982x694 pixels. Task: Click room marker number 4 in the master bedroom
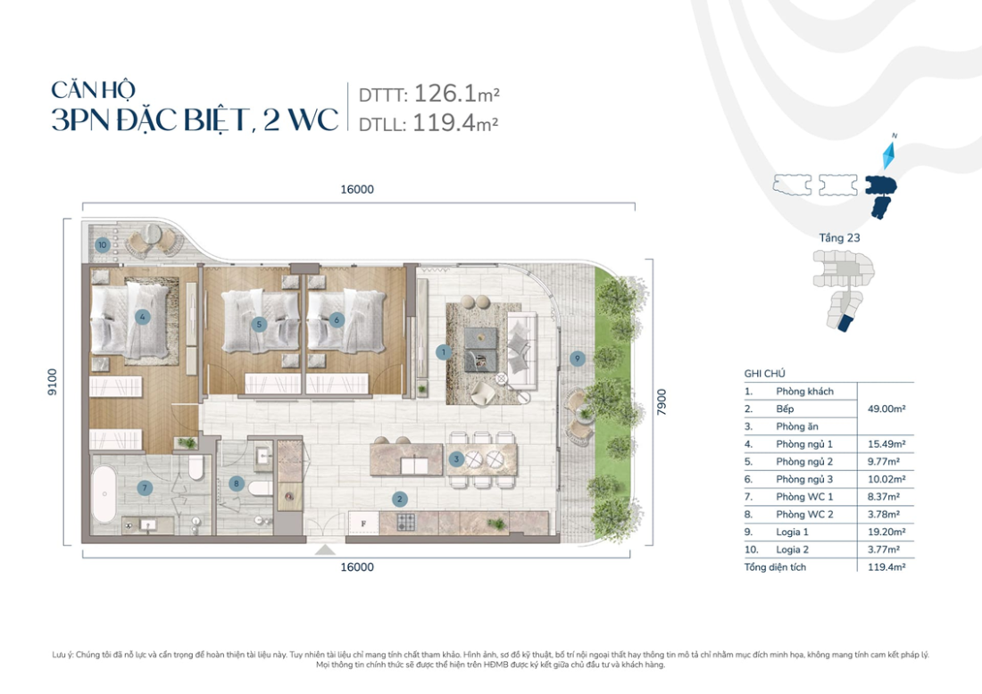141,316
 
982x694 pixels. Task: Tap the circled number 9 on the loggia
578,358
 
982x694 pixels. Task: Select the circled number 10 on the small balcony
103,244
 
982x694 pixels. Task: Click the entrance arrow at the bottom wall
328,550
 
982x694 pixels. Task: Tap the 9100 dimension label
53,383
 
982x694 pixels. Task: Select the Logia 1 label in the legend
793,532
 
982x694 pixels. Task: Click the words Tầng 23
838,238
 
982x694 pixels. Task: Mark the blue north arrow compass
886,156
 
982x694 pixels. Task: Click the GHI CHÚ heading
764,374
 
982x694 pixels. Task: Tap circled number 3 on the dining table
456,459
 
